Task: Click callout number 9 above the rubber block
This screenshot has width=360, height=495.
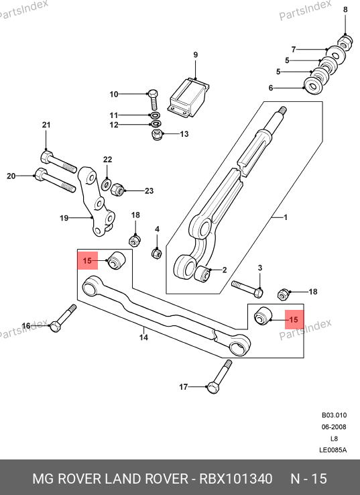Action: pyautogui.click(x=196, y=55)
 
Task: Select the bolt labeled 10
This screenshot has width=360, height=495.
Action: pyautogui.click(x=154, y=100)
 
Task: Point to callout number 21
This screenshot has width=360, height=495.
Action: pyautogui.click(x=46, y=125)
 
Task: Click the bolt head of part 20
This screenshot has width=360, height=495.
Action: pyautogui.click(x=40, y=175)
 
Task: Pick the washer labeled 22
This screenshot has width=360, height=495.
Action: pyautogui.click(x=107, y=184)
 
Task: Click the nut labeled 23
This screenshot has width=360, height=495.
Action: pyautogui.click(x=117, y=188)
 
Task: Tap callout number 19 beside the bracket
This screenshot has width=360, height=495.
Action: pyautogui.click(x=64, y=218)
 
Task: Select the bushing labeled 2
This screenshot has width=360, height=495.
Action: pyautogui.click(x=202, y=274)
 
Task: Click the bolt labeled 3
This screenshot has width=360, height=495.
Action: pyautogui.click(x=247, y=288)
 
